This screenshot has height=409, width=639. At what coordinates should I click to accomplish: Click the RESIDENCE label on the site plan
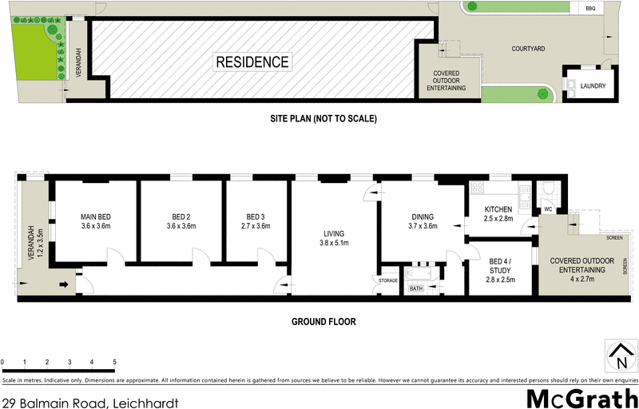[x=252, y=62]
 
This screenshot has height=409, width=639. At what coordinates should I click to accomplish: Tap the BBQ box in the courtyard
[x=591, y=8]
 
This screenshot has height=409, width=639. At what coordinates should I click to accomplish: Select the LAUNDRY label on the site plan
[x=593, y=86]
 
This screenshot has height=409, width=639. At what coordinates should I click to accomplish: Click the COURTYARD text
[x=528, y=49]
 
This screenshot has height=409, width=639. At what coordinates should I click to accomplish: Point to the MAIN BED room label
[x=96, y=216]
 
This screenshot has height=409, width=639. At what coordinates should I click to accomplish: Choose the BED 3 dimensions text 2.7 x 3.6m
[x=256, y=227]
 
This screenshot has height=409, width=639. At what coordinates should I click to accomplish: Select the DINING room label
[x=423, y=216]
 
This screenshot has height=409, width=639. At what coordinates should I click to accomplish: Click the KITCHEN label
[x=498, y=208]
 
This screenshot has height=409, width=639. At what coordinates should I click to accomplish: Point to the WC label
[x=548, y=210]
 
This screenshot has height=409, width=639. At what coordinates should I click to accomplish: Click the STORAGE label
[x=388, y=280]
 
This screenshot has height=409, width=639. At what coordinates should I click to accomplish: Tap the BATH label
[x=416, y=288]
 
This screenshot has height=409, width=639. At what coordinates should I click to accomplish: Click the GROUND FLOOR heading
[x=323, y=322]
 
